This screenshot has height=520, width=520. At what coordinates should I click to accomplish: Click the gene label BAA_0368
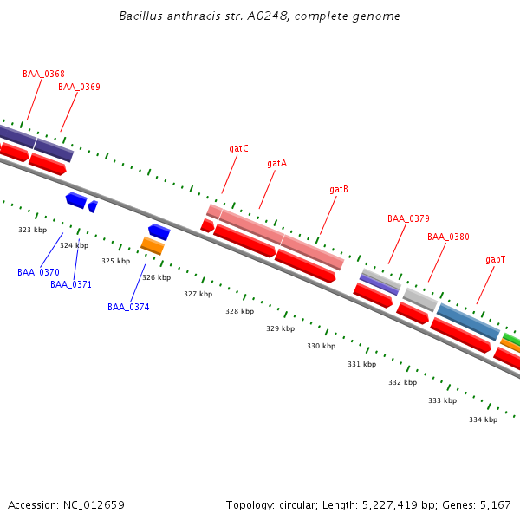click(x=43, y=75)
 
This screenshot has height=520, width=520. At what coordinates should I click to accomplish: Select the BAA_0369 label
click(x=79, y=87)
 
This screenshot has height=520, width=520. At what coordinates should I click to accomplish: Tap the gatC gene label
click(x=238, y=149)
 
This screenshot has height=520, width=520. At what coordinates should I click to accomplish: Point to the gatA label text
click(x=276, y=163)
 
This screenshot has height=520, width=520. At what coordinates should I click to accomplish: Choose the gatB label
click(x=339, y=189)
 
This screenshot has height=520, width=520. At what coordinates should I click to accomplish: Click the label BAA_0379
click(x=408, y=219)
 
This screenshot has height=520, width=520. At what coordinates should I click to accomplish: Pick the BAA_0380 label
click(x=448, y=237)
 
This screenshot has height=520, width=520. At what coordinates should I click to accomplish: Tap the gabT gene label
click(x=495, y=260)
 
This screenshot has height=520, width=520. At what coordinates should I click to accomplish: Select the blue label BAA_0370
click(x=38, y=272)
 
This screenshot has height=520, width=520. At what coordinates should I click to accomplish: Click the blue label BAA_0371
click(x=71, y=284)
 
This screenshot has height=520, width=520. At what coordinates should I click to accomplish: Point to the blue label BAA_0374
click(x=128, y=307)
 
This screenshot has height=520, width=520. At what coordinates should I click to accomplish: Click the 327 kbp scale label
click(x=198, y=295)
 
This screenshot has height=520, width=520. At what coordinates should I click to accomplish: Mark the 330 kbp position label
click(x=321, y=347)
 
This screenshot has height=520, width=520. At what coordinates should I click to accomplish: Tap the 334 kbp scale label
click(x=483, y=419)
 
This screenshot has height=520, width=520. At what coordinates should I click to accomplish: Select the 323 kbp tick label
click(x=32, y=230)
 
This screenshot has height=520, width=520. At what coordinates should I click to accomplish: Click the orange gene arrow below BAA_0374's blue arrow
click(x=153, y=246)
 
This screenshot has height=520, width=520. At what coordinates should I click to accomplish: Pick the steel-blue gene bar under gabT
click(x=468, y=322)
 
